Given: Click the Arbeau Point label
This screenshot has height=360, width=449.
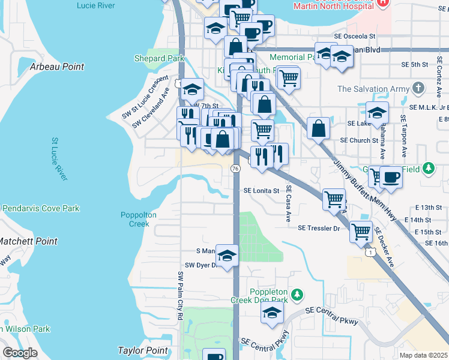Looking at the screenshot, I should pos(57,67).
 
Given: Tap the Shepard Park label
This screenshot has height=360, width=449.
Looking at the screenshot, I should pos(159,59).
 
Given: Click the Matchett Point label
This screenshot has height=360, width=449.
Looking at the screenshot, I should pos(28,241).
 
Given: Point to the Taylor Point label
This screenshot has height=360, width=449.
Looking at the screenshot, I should pos(142,351).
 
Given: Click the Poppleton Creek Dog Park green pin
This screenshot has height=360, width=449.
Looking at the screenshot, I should pos(296,295).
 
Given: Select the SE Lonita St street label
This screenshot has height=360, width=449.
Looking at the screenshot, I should pos(261,191).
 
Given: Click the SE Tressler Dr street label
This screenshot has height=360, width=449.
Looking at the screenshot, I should pos(319,227).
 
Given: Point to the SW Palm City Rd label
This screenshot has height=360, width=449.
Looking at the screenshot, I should pos(179,295).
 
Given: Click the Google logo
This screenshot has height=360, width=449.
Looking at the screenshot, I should pos(20,353).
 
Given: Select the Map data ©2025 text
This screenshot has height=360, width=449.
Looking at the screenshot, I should pos(423,355).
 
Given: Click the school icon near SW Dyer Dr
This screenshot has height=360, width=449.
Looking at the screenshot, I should pos(227,255).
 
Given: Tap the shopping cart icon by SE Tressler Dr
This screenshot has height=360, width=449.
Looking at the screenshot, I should pos(361,230).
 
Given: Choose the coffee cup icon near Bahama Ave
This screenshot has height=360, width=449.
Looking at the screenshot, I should pos(391,177).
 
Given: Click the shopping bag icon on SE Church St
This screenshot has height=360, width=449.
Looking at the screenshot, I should pos(318,127).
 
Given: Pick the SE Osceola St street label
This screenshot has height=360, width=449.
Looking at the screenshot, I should pos(355,37).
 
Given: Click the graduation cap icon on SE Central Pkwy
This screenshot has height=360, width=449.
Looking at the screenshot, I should pos(272,312).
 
